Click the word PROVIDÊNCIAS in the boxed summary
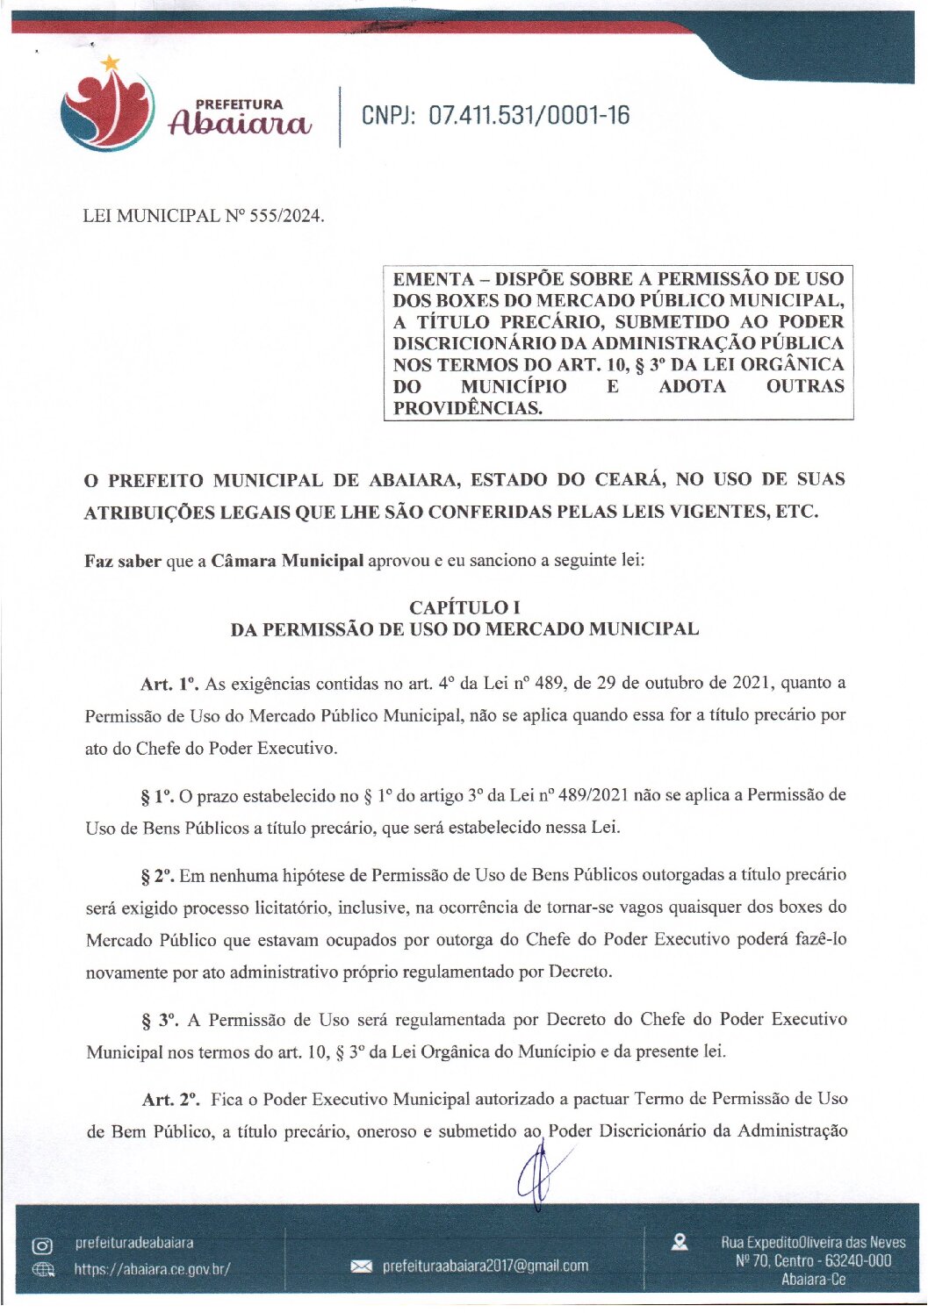click(x=467, y=408)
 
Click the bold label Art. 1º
click(x=169, y=684)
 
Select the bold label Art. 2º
click(x=171, y=1100)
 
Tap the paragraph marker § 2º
click(x=158, y=876)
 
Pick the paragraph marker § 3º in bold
click(x=160, y=1021)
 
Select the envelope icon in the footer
click(x=361, y=1266)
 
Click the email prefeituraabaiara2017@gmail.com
click(x=485, y=1266)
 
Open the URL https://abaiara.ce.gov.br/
click(x=152, y=1269)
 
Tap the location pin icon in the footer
click(x=679, y=1242)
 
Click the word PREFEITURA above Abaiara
click(x=239, y=104)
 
